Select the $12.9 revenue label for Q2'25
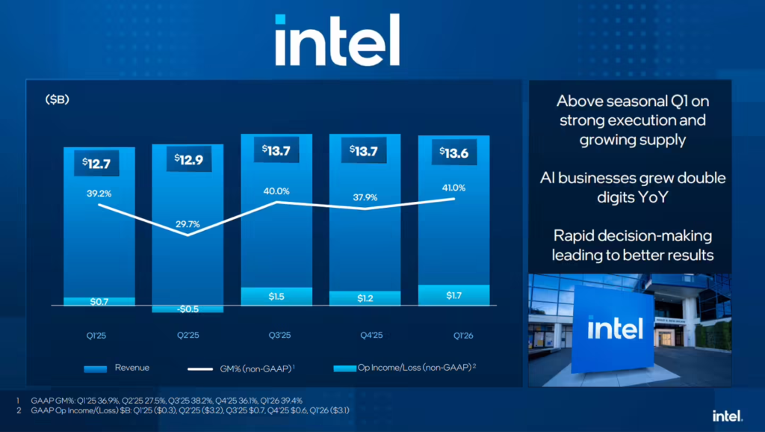[188, 160]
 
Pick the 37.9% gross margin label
[365, 198]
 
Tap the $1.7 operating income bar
[453, 295]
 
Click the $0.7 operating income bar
[99, 301]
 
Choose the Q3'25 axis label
[276, 335]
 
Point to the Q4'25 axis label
[365, 335]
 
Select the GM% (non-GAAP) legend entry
[240, 368]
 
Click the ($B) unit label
[57, 99]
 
